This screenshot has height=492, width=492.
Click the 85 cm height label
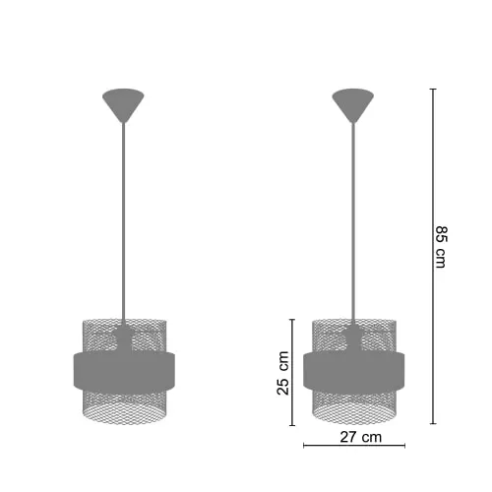point(441,247)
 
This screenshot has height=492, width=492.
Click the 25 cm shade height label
point(283,373)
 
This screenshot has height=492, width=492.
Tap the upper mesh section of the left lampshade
point(93,335)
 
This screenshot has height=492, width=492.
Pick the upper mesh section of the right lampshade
point(325,335)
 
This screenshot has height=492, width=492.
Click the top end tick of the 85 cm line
point(434,89)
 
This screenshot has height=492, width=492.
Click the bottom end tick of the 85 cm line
point(434,424)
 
